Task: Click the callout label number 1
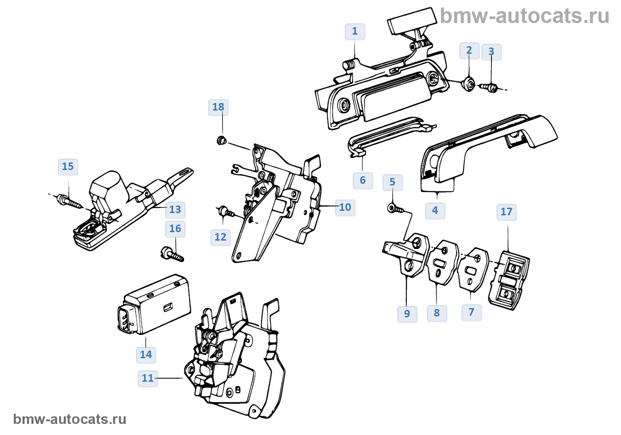(355, 32)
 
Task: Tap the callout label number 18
(218, 107)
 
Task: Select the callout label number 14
(146, 355)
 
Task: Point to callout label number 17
(506, 212)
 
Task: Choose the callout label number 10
(345, 207)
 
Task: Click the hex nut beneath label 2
(469, 83)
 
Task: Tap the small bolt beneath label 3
(490, 87)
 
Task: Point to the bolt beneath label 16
(172, 254)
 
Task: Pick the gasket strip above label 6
(390, 135)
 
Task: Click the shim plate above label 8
(442, 262)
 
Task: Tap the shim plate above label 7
(473, 269)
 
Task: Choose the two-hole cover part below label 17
(509, 281)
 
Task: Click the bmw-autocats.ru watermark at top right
(525, 16)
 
